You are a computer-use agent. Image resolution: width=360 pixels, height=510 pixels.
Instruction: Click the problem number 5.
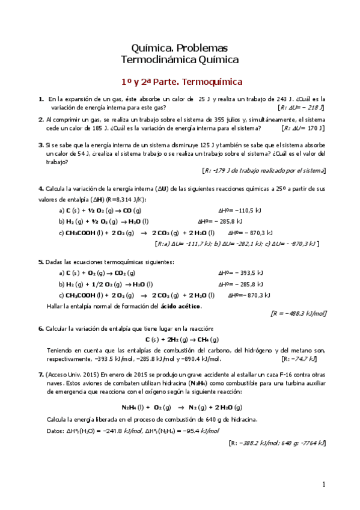point(40,262)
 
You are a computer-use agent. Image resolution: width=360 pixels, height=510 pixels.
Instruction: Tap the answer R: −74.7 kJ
point(304,359)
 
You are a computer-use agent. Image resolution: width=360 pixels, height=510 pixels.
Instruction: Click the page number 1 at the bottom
point(323,485)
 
